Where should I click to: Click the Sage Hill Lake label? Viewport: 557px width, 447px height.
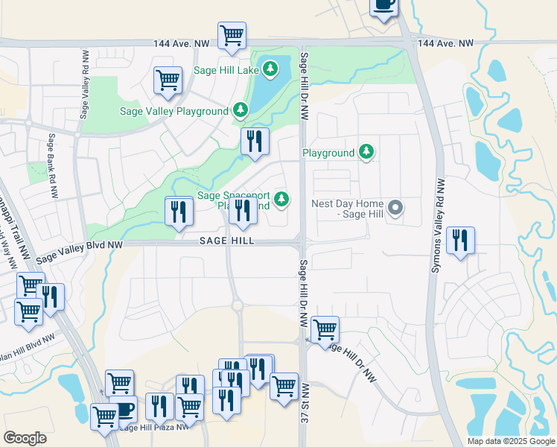point(224,69)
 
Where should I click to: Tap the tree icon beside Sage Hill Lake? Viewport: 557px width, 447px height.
point(270,69)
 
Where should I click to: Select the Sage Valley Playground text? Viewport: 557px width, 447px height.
point(174,111)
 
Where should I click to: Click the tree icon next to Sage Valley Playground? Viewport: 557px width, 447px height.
point(240,111)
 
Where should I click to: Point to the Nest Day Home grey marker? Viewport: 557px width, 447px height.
point(396,208)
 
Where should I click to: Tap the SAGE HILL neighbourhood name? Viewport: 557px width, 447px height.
point(226,241)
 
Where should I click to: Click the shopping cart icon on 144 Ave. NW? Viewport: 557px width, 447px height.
point(232,34)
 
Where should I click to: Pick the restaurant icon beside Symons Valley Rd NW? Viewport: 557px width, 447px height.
point(460,240)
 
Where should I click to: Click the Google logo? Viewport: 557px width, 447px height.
point(25,437)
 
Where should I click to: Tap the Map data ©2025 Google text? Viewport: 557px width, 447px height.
point(510,441)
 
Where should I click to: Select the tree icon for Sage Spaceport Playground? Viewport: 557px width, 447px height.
point(281,198)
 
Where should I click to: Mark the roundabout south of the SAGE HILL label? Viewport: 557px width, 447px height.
point(237,305)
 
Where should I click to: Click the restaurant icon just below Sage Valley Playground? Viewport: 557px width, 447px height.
point(255,140)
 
